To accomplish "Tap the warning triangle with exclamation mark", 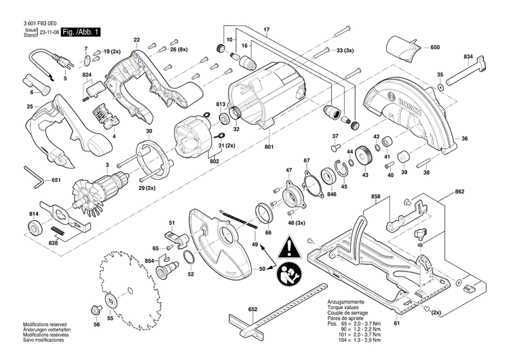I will pos(290,246).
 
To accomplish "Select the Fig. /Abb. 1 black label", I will pos(80,32).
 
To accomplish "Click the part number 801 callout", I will pos(269,147).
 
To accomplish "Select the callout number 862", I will pos(459,192).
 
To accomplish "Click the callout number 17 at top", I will pos(267,29).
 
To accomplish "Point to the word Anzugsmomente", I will pos(346,302).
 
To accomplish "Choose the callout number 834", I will pos(468,55).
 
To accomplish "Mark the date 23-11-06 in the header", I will pos(48,32).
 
